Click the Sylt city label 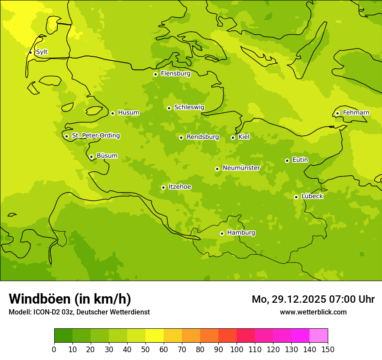pos(42,52)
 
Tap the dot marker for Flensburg pos(155,74)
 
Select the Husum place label pos(128,113)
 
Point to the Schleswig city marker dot pos(169,108)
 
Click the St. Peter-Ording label pos(95,136)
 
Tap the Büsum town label pos(107,156)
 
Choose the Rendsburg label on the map pos(203,137)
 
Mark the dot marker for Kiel pos(233,137)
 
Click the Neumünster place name pos(241,168)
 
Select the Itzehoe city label pos(180,187)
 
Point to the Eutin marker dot pos(287,160)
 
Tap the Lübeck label pos(312,196)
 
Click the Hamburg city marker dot pos(222,233)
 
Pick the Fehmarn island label pos(356,113)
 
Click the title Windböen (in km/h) pos(70,299)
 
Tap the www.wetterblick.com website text pos(313,312)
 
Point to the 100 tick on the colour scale pos(237,350)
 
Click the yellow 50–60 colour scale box pos(155,336)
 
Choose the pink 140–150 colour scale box pos(319,336)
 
